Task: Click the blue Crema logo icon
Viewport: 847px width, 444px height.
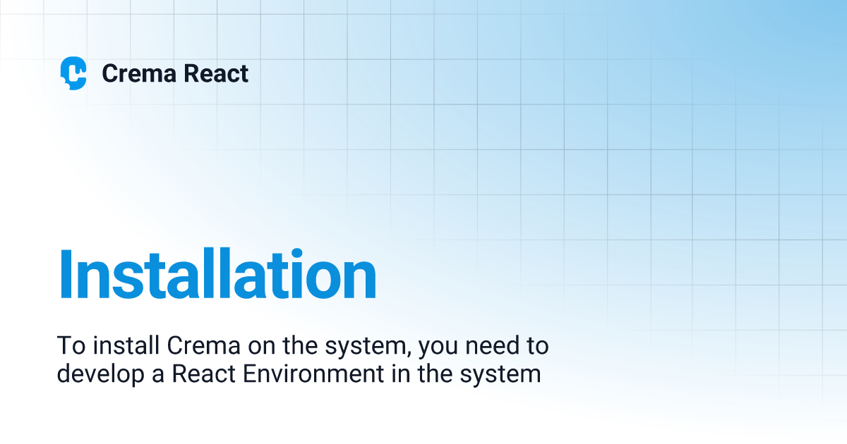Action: [x=73, y=73]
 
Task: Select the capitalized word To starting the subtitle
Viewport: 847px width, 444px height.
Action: [x=68, y=347]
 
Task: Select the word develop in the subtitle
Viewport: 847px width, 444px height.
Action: [x=99, y=374]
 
